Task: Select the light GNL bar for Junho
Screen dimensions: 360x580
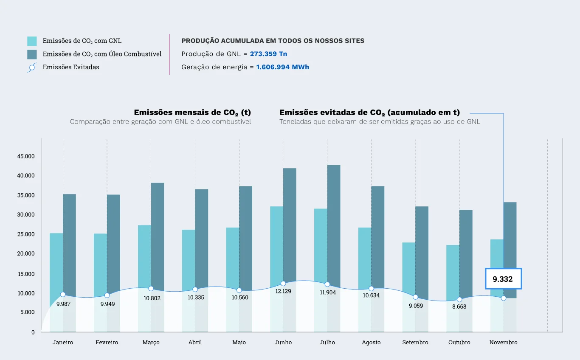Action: pos(276,242)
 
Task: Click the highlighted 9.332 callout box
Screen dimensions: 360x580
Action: pos(503,279)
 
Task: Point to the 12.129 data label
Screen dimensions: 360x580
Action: pos(283,291)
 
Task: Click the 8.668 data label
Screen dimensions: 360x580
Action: pos(459,307)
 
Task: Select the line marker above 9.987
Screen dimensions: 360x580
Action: pos(63,295)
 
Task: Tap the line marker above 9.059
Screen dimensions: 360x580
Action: pos(415,297)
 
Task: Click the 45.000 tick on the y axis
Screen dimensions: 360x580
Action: pos(26,156)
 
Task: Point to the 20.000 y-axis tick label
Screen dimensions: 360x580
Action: pos(26,254)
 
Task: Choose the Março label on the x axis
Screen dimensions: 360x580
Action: pos(151,343)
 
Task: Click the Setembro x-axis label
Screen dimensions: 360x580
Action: pos(415,343)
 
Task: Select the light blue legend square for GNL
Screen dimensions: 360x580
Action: pos(32,41)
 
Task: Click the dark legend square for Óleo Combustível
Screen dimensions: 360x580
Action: pos(32,54)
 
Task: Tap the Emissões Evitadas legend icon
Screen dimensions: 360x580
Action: pos(32,67)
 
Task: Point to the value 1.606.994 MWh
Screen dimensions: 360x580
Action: pos(282,67)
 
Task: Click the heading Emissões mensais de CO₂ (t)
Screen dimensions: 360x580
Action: pos(192,112)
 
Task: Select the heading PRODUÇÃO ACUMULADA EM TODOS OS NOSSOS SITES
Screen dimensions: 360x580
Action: pos(273,41)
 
